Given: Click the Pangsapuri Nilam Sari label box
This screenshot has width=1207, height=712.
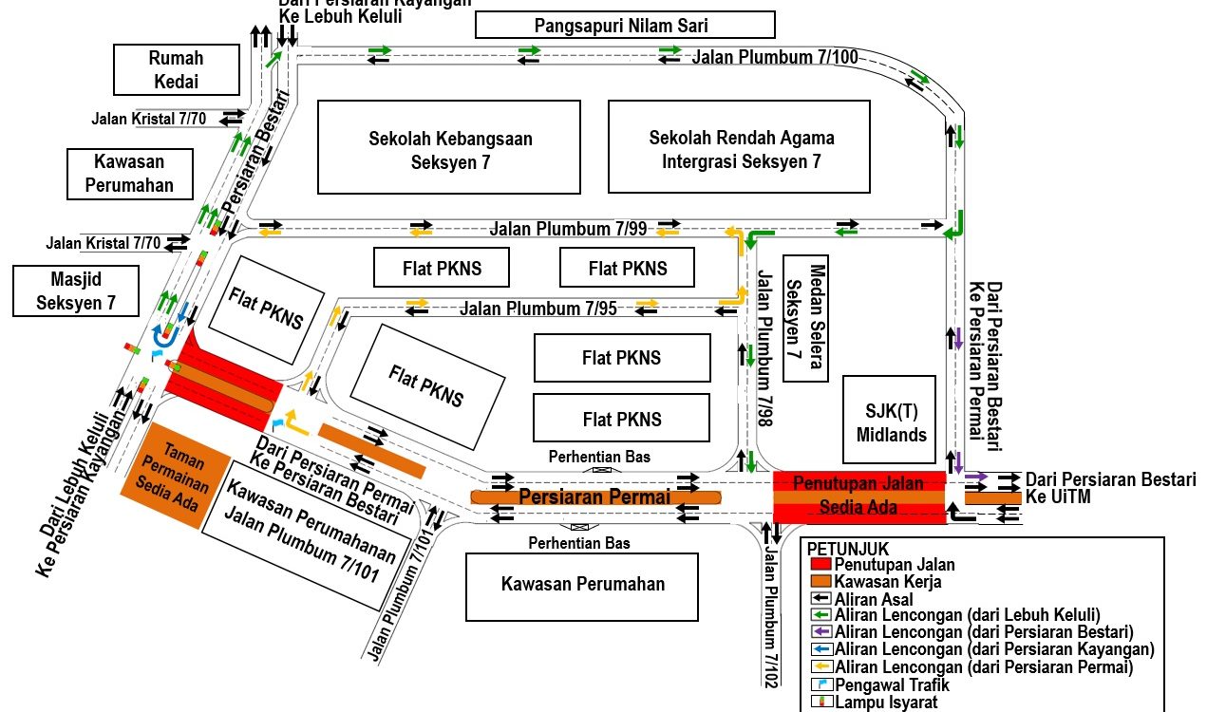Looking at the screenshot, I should click(x=625, y=25).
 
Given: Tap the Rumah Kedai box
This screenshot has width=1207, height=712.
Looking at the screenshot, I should click(x=176, y=69).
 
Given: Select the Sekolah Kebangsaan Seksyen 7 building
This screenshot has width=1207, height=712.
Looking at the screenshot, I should click(x=449, y=148).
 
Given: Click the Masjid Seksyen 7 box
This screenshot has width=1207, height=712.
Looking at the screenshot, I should click(x=75, y=290).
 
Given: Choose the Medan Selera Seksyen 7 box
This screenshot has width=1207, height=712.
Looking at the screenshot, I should click(x=805, y=317).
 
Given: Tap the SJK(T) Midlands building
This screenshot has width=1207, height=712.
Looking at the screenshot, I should click(x=889, y=422).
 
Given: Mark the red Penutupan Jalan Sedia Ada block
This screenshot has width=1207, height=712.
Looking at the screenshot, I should click(x=858, y=497).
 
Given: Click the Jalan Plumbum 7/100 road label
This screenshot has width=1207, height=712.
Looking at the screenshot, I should click(x=775, y=57).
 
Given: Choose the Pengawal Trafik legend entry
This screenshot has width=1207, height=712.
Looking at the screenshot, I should click(x=878, y=684).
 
